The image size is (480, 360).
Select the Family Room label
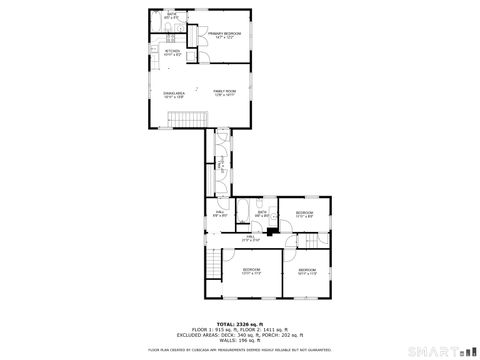pyautogui.click(x=223, y=93)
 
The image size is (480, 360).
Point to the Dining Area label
pyautogui.click(x=174, y=95)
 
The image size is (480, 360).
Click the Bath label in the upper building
pyautogui.click(x=172, y=16)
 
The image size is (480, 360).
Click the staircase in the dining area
pyautogui.click(x=186, y=120)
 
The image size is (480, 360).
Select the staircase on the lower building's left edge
pyautogui.click(x=212, y=264)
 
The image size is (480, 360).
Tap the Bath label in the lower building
pyautogui.click(x=262, y=213)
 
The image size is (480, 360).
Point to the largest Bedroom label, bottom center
pyautogui.click(x=251, y=271)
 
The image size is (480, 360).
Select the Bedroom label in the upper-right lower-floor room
pyautogui.click(x=303, y=214)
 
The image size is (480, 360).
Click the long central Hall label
pyautogui.click(x=252, y=239)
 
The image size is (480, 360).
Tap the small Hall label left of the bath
pyautogui.click(x=220, y=214)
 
